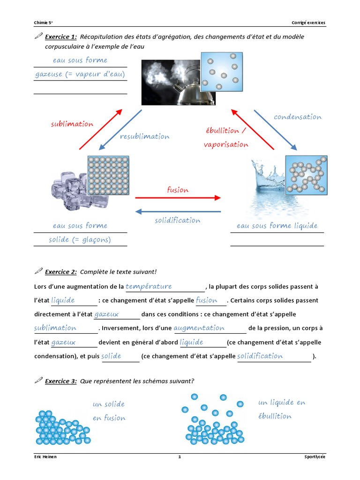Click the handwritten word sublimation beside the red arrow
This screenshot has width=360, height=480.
click(72, 124)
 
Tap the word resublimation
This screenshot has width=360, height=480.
click(144, 136)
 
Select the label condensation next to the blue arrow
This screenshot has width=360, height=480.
click(298, 117)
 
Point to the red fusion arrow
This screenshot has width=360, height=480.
click(178, 198)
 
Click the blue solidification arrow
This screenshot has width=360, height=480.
click(178, 211)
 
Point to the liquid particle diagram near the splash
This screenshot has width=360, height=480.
click(306, 175)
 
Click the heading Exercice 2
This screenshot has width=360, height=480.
click(60, 272)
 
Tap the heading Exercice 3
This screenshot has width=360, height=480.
click(60, 381)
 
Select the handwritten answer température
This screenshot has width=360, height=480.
click(149, 286)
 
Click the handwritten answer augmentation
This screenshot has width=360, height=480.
click(199, 328)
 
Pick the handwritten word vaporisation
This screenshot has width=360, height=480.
click(226, 144)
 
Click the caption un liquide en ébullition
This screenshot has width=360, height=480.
click(281, 409)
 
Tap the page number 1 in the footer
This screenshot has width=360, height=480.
click(180, 457)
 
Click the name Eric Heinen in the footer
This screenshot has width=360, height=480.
click(45, 457)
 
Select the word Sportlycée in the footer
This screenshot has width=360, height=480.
click(314, 457)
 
